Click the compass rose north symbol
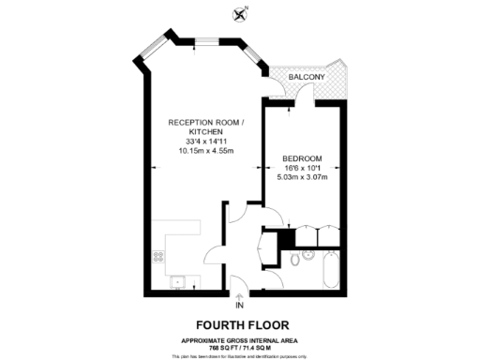coord(240,13)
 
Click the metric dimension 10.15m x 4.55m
coord(205,151)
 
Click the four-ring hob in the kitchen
coord(156,252)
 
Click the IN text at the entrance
coord(240,306)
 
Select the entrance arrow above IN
coord(240,295)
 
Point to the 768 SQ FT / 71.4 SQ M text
coord(240,346)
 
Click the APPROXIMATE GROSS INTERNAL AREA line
coord(240,339)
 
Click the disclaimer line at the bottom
coord(240,354)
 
